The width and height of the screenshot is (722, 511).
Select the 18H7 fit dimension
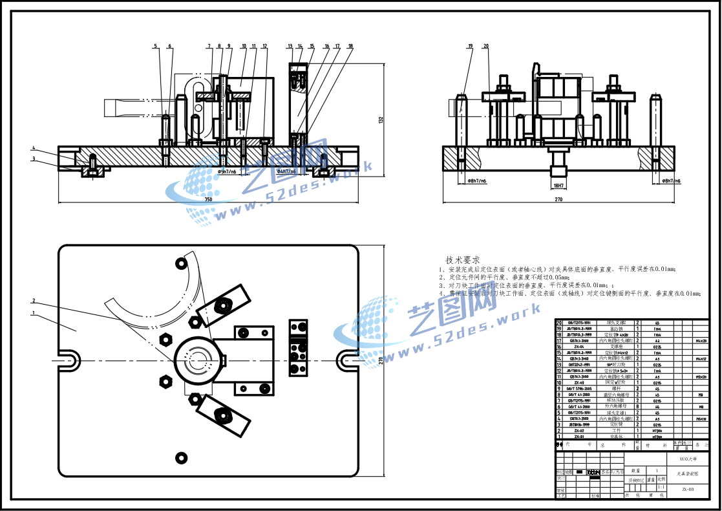coord(558,185)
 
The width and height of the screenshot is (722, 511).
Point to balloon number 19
coord(470,46)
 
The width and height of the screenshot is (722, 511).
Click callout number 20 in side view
coord(486,46)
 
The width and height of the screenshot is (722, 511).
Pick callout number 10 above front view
coord(244,46)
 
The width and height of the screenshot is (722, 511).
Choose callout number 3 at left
coord(34,158)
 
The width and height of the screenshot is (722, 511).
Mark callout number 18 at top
coord(350,46)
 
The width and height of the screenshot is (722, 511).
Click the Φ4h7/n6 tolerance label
coord(286,172)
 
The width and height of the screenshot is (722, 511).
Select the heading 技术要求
coord(463,259)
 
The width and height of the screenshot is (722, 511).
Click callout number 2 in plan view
coord(34,301)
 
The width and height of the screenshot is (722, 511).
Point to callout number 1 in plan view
coord(34,314)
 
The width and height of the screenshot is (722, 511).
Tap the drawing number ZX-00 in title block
coord(688,490)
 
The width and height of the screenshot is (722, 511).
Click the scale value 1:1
coord(661,488)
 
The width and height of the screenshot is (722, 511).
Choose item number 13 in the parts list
coord(558,364)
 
